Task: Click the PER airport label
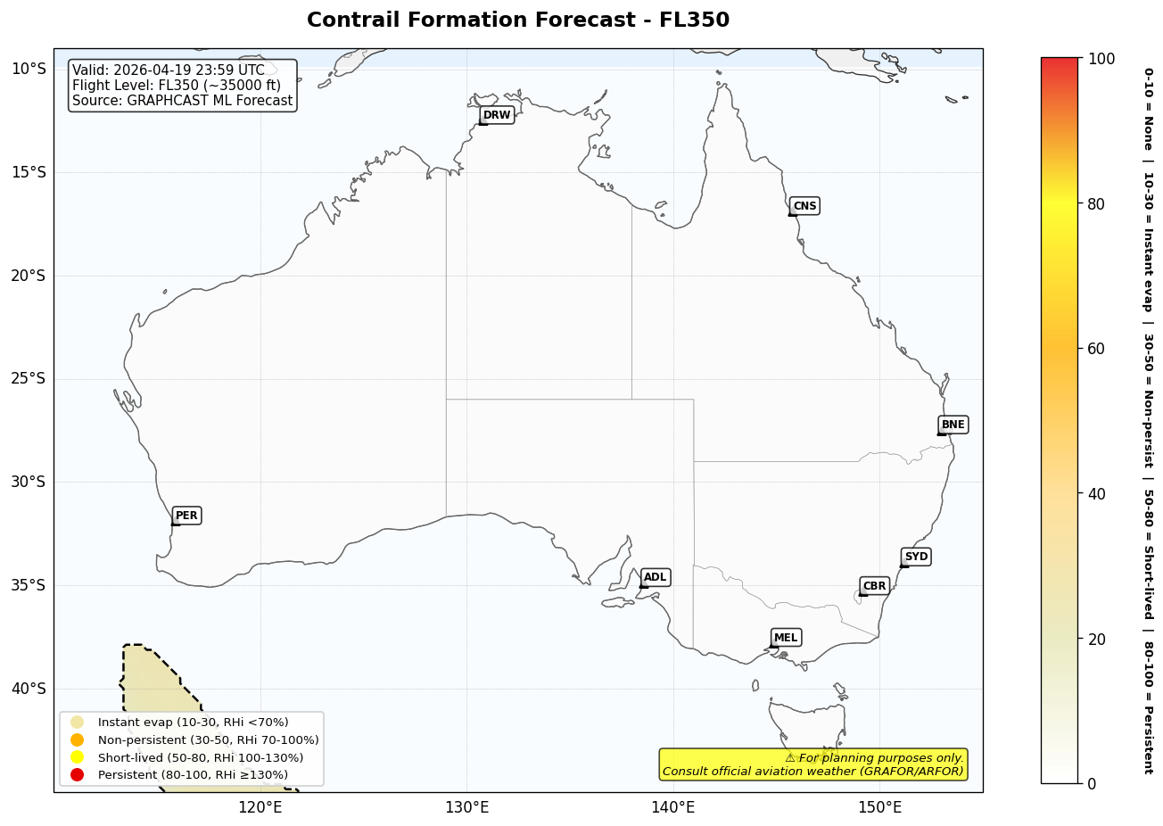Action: click(x=186, y=516)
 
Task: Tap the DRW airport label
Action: click(x=497, y=115)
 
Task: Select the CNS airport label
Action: click(x=804, y=206)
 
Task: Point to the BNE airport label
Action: click(x=953, y=425)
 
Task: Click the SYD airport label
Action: click(x=916, y=557)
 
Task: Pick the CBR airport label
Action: click(x=874, y=586)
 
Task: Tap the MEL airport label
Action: click(x=786, y=638)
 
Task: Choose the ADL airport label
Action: click(x=655, y=577)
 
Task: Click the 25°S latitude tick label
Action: click(x=28, y=379)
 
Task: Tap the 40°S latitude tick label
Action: click(x=28, y=689)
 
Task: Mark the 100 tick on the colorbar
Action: click(x=1101, y=59)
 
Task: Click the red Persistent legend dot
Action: click(x=78, y=774)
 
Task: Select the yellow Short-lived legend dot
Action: click(x=78, y=757)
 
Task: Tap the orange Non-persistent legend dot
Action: click(x=78, y=739)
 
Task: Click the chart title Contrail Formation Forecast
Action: click(x=517, y=20)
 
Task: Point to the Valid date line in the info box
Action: click(x=169, y=70)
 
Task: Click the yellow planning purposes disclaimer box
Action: click(x=812, y=764)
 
